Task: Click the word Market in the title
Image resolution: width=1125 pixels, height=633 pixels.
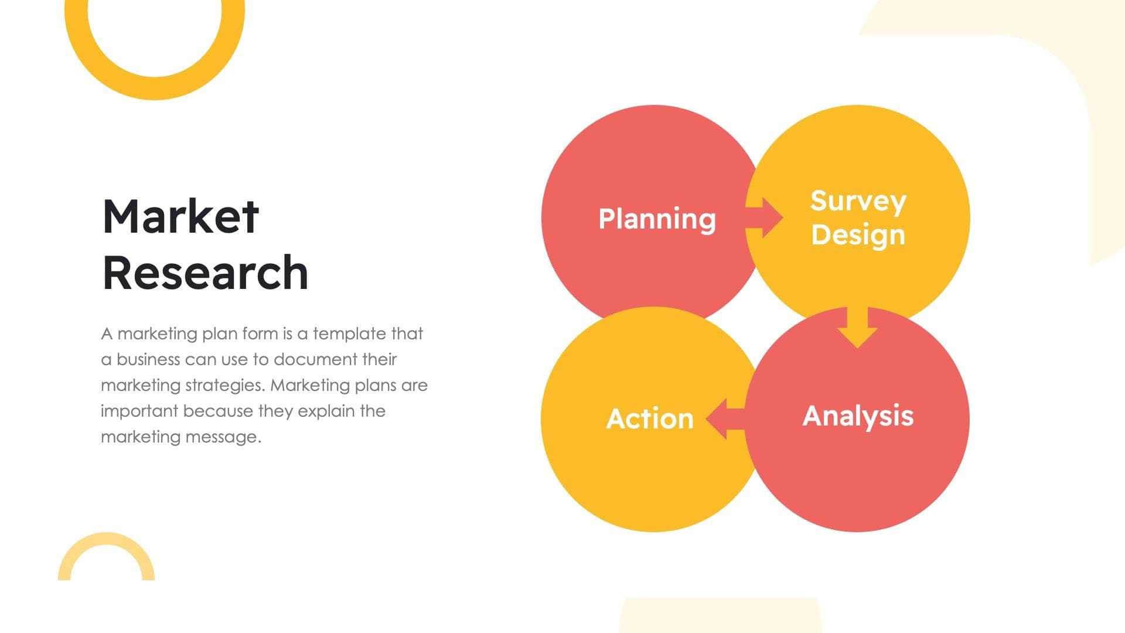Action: [180, 216]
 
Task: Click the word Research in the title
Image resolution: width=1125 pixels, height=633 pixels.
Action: [205, 273]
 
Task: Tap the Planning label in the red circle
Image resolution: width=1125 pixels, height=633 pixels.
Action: [657, 219]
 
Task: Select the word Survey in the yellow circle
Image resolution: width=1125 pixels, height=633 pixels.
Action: [858, 202]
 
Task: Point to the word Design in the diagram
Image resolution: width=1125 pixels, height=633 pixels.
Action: [858, 234]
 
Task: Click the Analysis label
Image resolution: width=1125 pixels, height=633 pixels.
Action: [858, 416]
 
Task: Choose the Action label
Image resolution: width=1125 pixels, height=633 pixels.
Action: [650, 418]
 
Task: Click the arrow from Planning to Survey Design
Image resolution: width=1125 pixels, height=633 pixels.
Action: [765, 218]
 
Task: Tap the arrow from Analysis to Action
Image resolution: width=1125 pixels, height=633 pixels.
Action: [724, 418]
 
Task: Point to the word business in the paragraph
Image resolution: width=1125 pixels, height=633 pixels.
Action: [148, 359]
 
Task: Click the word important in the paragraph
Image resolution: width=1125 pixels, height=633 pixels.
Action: [139, 411]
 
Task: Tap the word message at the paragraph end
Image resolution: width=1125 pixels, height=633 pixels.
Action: [230, 437]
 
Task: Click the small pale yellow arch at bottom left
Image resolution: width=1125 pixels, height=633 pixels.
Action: [106, 543]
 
